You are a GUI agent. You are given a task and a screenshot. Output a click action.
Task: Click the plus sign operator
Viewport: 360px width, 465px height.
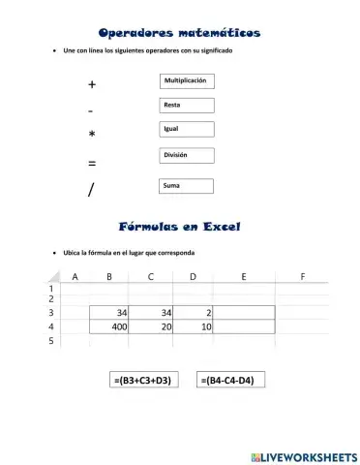click(x=91, y=84)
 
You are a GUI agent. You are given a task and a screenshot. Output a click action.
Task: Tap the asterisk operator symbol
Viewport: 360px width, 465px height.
click(x=91, y=136)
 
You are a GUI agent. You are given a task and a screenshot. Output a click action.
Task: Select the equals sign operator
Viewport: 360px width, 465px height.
click(x=91, y=163)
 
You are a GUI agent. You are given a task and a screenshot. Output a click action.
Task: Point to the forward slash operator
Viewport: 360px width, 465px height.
click(x=90, y=190)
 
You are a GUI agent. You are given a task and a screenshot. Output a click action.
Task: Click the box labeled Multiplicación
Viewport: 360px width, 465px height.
click(x=185, y=80)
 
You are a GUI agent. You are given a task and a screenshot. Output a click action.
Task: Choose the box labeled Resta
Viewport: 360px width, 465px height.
click(x=185, y=105)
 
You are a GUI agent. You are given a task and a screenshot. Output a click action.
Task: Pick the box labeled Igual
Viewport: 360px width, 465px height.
click(x=185, y=129)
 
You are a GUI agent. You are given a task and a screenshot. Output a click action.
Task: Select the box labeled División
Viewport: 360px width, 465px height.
click(x=185, y=155)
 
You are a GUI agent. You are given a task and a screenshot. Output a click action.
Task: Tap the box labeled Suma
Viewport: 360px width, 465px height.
click(x=185, y=184)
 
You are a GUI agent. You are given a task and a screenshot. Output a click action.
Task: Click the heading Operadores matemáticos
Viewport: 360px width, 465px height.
click(x=179, y=33)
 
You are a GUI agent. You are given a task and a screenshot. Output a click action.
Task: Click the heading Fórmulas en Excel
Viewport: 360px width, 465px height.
click(x=179, y=227)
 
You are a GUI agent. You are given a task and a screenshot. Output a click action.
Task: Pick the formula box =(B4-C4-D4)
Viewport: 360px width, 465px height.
click(x=230, y=381)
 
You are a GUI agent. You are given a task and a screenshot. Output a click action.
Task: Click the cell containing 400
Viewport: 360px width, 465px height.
click(x=110, y=327)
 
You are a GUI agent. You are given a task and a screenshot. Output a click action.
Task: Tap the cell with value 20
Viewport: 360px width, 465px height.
click(x=152, y=327)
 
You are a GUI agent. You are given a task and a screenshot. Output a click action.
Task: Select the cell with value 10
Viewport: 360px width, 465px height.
click(x=194, y=327)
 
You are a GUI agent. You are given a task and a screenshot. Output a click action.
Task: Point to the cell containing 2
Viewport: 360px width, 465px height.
click(x=194, y=313)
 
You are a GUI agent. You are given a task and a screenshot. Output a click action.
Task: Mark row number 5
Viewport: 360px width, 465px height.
click(x=51, y=341)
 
